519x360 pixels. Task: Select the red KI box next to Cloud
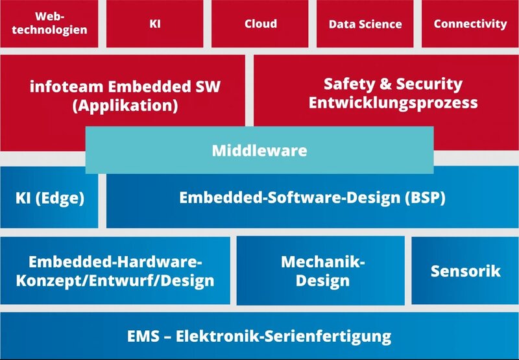155,23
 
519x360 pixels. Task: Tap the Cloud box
261,23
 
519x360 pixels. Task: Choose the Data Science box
365,24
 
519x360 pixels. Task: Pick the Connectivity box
470,23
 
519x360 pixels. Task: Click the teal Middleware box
259,150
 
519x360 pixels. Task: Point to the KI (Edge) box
50,198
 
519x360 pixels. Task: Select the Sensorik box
465,270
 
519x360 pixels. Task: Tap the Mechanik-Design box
323,271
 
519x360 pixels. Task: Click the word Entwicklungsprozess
393,102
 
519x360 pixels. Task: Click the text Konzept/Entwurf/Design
121,280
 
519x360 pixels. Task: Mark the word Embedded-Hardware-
115,262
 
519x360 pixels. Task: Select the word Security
431,84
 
